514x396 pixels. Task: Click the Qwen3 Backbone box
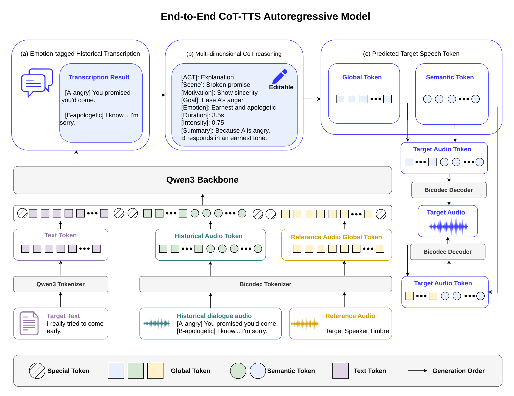[202, 180]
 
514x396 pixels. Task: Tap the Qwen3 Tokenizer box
[61, 284]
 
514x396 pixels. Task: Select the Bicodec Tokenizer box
[265, 284]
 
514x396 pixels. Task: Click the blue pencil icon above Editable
[280, 77]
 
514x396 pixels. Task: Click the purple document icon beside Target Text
[29, 323]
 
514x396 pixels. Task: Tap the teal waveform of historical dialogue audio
[157, 324]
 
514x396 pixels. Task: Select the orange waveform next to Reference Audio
[305, 324]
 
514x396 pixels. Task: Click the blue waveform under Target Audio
[449, 227]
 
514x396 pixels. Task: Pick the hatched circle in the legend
[37, 371]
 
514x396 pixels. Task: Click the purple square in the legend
[341, 371]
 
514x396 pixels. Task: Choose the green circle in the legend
[238, 371]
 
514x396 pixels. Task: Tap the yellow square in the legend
[155, 371]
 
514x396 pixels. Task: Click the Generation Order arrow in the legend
[418, 370]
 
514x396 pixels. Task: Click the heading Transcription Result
[99, 77]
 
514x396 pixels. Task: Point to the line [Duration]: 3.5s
[203, 115]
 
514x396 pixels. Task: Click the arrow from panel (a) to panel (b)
[157, 95]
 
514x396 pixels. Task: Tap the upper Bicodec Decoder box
[449, 190]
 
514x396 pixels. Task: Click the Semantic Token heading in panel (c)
[450, 77]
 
